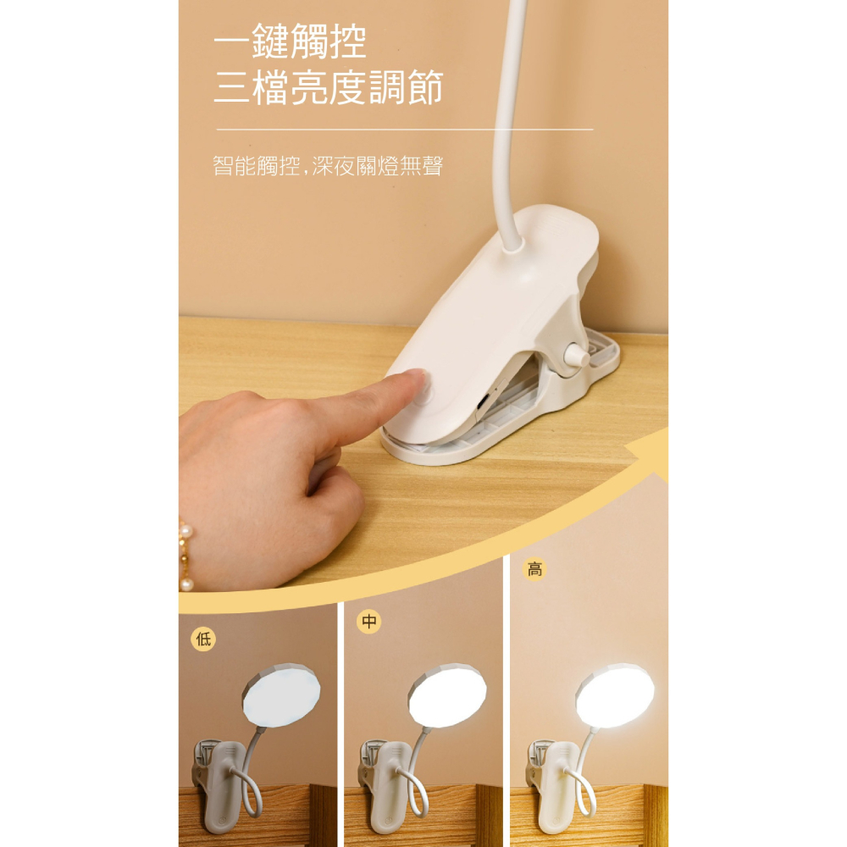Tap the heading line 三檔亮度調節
tap(328, 87)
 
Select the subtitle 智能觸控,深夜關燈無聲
tap(328, 166)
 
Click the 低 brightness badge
tap(203, 639)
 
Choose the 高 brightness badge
tap(534, 569)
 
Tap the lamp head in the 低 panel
tap(281, 695)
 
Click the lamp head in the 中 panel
tap(447, 695)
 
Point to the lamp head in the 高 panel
tap(615, 695)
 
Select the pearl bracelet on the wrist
tap(185, 555)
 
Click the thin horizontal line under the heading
tap(405, 130)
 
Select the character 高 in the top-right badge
tap(534, 569)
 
